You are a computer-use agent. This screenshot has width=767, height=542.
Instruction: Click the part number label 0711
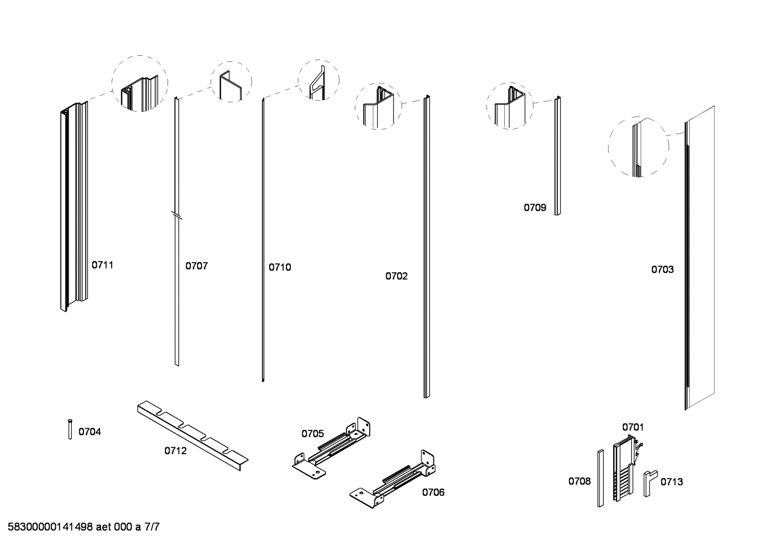(x=103, y=265)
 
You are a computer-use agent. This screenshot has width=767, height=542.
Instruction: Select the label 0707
(x=196, y=266)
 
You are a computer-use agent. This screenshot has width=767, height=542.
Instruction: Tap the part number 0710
(x=280, y=267)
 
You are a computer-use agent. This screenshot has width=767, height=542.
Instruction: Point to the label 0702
(x=396, y=276)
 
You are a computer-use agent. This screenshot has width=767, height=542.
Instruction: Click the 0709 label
(x=535, y=207)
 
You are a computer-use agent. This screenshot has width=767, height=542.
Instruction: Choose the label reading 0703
(x=662, y=270)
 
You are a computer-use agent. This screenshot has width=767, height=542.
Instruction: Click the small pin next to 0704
(x=70, y=429)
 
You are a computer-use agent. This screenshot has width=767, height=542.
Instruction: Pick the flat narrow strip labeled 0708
(x=600, y=478)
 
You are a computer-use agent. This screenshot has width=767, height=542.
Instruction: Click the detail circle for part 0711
(x=139, y=84)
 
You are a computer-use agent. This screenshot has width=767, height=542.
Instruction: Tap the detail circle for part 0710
(x=318, y=80)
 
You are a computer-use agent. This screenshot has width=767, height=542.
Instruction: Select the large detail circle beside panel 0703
(x=638, y=147)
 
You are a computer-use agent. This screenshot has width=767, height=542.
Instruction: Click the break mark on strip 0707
(x=177, y=215)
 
